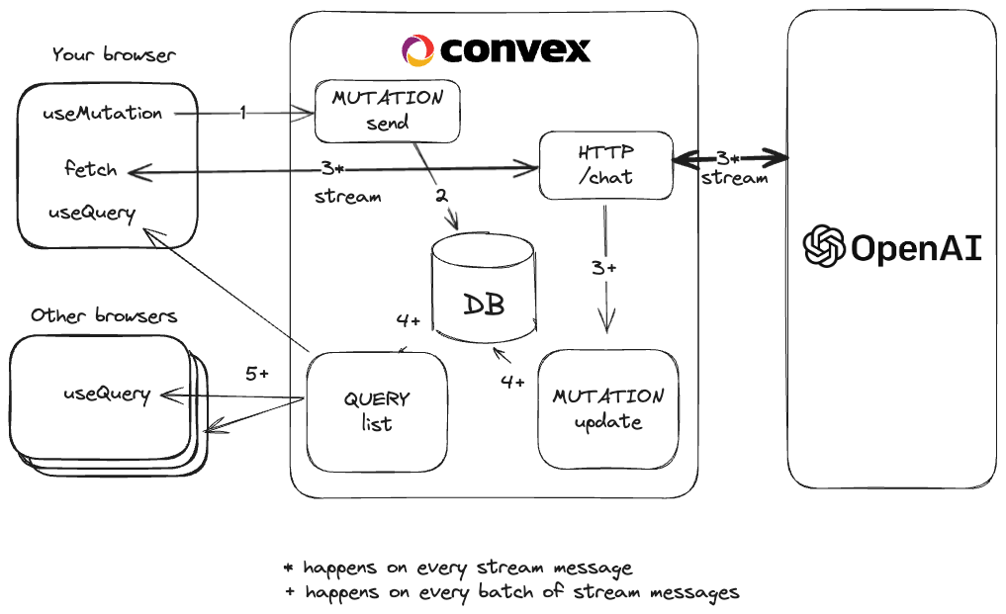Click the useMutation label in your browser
102,114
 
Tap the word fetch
90,169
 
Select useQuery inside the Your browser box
92,213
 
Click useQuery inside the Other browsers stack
107,394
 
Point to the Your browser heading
114,54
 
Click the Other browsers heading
104,316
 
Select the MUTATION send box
388,111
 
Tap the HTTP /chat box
605,165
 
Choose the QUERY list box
376,411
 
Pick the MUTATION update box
608,408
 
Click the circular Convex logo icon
417,49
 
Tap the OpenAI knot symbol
823,247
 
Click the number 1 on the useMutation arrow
242,113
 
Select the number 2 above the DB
442,196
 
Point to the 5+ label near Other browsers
257,374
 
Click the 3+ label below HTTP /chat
604,268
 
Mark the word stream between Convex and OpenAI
734,178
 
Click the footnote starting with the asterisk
457,568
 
